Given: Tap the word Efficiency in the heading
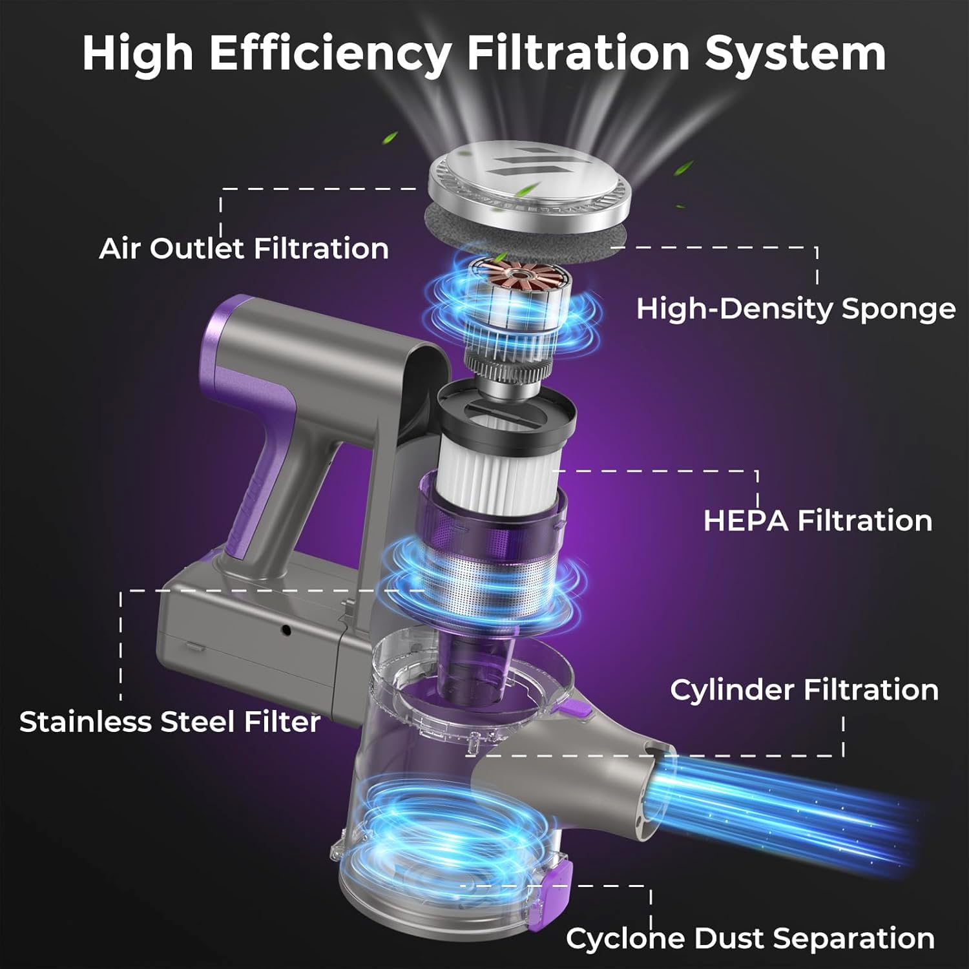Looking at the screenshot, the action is point(329,53).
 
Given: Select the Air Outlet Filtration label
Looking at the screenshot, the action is point(244,249).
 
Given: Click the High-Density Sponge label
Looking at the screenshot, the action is point(796,309).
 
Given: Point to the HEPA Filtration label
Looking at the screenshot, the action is point(818,521).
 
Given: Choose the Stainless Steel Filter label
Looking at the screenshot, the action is point(170,722).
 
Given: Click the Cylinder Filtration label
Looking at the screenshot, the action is point(804,690).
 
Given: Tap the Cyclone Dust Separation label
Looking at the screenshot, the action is point(750,938).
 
